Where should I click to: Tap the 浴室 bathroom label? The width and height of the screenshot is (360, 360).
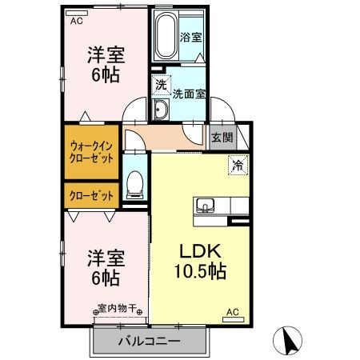tap(190, 37)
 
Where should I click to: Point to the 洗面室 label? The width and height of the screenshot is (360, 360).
tap(189, 93)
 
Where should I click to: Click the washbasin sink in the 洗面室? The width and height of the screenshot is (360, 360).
tap(160, 110)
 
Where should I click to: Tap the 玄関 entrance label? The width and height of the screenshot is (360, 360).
tap(222, 137)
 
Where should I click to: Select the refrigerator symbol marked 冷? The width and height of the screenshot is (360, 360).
tap(238, 166)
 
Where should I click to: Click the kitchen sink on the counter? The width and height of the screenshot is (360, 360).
tap(206, 205)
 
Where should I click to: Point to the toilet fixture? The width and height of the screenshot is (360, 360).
tap(135, 184)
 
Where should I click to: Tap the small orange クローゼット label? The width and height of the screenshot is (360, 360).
tap(90, 195)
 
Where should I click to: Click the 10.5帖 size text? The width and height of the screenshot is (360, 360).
tap(198, 271)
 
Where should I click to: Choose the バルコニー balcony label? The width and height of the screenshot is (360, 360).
tap(150, 342)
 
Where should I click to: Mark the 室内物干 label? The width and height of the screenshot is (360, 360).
tap(118, 307)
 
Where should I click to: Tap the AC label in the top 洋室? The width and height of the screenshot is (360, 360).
tap(76, 22)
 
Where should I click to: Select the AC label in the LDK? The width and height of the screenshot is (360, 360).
tap(232, 311)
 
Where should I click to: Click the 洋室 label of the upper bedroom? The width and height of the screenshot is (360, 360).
tap(104, 56)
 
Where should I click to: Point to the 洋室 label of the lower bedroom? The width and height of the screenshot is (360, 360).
tap(104, 259)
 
